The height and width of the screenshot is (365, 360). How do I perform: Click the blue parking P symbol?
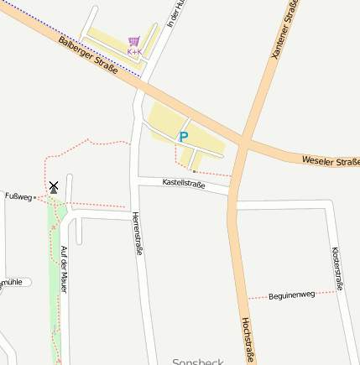pos(184,136)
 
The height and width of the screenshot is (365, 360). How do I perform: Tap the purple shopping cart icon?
pos(134,40)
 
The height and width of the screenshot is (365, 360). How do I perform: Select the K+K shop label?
pos(134,51)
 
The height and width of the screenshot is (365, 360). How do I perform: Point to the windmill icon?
pos(54,186)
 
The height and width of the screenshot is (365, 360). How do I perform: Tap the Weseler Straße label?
pos(330,159)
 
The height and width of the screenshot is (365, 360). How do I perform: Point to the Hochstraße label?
pos(248,340)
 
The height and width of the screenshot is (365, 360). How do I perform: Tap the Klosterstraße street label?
pos(337,269)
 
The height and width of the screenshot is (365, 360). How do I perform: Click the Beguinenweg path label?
pos(291,295)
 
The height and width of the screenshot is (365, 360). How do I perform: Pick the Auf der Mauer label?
pos(65,269)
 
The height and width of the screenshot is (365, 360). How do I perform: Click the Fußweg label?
pos(18,197)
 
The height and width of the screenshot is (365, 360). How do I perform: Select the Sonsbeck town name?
pos(198,362)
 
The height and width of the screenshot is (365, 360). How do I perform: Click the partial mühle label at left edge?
pos(11,283)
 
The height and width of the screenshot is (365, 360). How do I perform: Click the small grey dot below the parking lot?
pos(194,171)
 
